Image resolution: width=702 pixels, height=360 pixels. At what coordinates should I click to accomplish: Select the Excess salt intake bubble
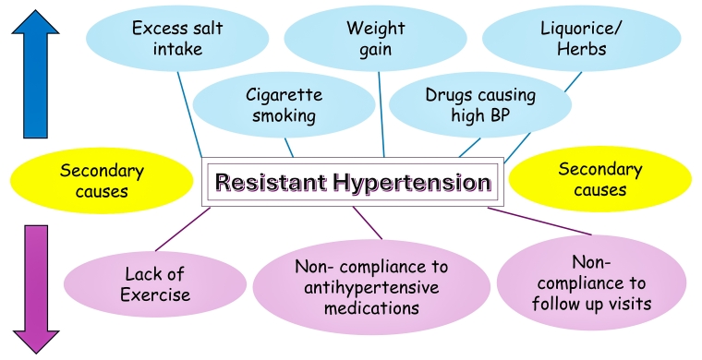(176, 39)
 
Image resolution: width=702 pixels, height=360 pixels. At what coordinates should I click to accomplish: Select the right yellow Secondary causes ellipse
(599, 180)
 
